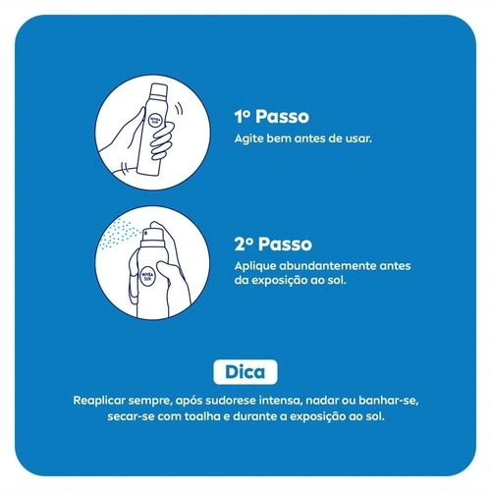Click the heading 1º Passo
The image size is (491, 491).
click(x=272, y=117)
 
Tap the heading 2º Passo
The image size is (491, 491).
click(x=273, y=245)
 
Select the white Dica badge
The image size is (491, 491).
click(x=245, y=372)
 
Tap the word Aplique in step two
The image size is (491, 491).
click(x=255, y=266)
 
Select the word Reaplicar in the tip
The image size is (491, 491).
click(x=99, y=401)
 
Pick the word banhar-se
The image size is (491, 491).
click(x=389, y=401)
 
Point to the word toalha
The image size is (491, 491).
click(x=202, y=416)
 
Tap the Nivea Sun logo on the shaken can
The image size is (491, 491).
click(x=155, y=120)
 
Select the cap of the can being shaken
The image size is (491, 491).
click(x=158, y=91)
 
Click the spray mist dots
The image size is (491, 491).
click(x=119, y=234)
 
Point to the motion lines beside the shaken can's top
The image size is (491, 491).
click(x=179, y=108)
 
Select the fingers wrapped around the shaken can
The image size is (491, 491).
click(x=161, y=141)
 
